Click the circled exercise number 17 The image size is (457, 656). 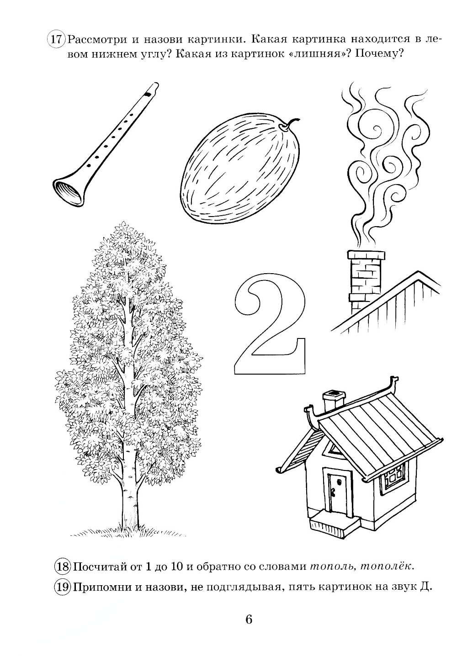[x=56, y=39]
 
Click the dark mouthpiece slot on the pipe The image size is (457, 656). [x=149, y=94]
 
